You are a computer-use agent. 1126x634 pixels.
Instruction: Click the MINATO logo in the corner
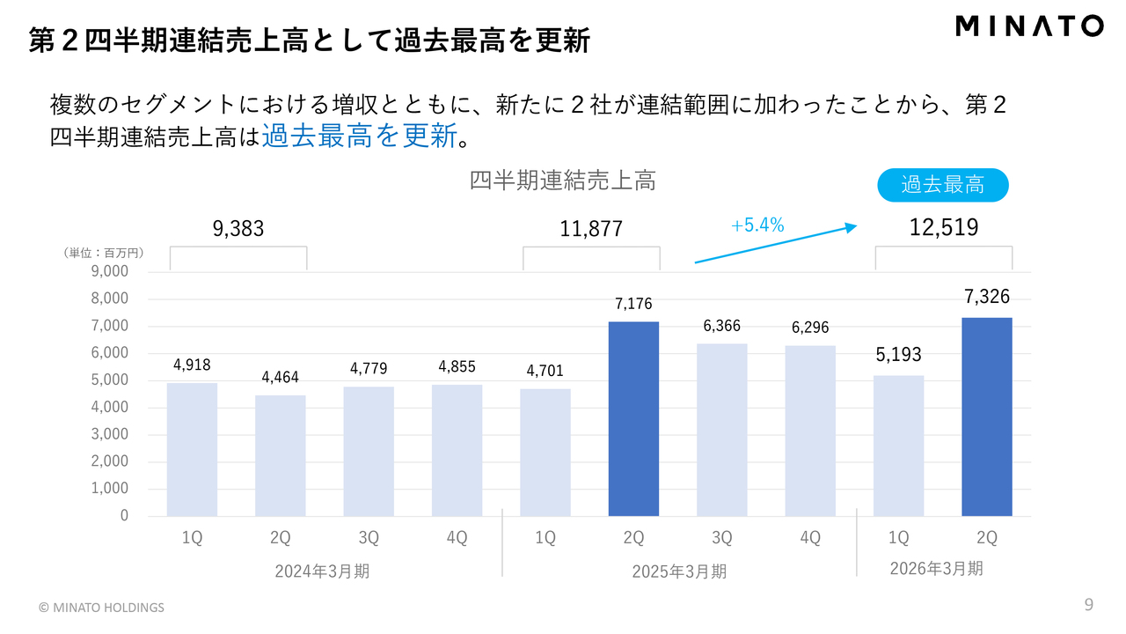click(1028, 26)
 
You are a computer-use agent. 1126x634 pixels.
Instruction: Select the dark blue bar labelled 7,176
click(633, 418)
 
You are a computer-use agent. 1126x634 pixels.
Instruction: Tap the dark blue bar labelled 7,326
click(986, 417)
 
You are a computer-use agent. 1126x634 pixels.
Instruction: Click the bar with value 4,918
click(192, 449)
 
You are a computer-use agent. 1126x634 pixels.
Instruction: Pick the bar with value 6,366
click(722, 430)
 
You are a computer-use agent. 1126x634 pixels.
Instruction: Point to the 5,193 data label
click(898, 355)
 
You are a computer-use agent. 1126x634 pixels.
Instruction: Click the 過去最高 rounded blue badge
click(942, 185)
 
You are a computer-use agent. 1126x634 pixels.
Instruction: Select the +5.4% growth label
click(757, 225)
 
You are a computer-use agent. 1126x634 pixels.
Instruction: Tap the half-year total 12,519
click(943, 228)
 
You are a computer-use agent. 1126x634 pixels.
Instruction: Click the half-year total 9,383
click(238, 229)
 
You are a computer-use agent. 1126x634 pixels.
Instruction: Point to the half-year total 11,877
click(591, 229)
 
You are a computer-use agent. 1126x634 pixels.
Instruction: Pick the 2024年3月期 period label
click(322, 571)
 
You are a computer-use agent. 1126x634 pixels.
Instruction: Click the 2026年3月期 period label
click(936, 569)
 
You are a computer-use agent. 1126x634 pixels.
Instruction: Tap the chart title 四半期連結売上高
click(562, 181)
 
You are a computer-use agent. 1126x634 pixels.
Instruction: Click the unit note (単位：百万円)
click(103, 253)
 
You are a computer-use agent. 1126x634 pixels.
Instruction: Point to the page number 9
click(1088, 604)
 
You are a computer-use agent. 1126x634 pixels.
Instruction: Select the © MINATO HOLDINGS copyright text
click(101, 608)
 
